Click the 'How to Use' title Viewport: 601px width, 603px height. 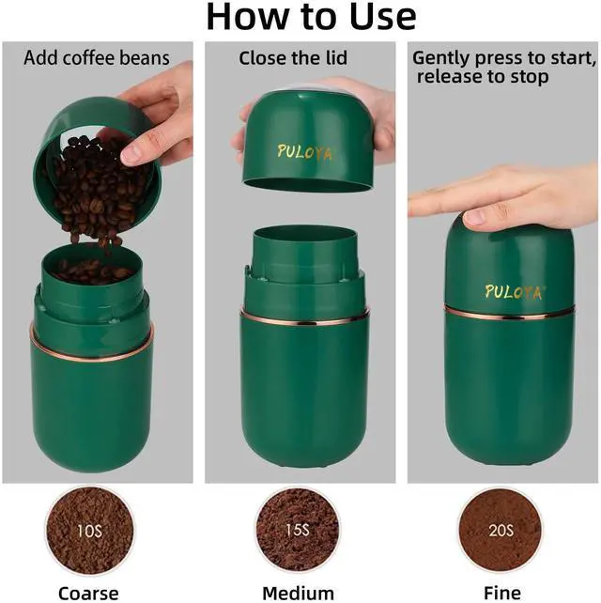311,17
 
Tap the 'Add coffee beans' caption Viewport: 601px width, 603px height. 97,58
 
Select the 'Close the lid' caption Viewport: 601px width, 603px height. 293,58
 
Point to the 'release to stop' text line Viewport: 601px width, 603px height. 483,76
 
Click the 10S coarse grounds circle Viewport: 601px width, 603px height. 90,531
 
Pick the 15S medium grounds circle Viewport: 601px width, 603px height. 298,530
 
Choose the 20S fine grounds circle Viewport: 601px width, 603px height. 501,531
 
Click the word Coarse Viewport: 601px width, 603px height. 88,593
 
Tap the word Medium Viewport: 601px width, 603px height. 298,593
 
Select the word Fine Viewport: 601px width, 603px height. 502,593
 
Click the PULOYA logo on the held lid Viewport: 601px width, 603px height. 304,152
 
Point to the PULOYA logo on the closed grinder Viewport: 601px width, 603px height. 513,292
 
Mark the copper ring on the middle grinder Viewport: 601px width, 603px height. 304,317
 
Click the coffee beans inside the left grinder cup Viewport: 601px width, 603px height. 91,271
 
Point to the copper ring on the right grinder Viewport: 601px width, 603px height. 510,313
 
